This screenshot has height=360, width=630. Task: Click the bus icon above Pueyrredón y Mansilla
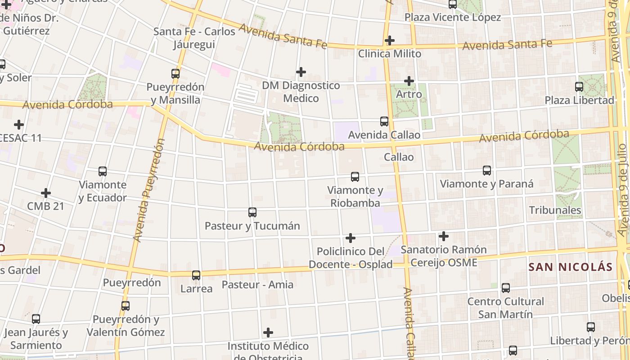[175, 73]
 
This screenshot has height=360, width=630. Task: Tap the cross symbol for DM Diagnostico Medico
[301, 72]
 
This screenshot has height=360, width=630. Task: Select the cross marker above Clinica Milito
[390, 40]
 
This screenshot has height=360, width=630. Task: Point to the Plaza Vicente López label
[452, 18]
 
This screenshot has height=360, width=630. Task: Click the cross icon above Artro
[409, 81]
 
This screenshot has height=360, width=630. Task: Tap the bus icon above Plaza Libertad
[579, 87]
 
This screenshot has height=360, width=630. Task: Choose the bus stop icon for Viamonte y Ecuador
[103, 171]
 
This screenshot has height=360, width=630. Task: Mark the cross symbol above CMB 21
[46, 193]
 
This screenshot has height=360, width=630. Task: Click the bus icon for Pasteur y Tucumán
[252, 212]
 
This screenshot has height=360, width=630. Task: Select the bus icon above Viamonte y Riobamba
[355, 177]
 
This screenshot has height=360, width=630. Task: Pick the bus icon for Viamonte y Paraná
[487, 171]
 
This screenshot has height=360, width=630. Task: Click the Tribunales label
[555, 210]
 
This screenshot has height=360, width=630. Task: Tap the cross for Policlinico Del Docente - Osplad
[351, 238]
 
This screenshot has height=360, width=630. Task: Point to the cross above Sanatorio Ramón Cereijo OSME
[444, 236]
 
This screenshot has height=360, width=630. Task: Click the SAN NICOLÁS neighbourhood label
[571, 267]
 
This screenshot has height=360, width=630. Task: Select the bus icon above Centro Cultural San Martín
[506, 288]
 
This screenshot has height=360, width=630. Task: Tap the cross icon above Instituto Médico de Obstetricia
[268, 333]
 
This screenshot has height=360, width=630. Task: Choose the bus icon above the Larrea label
[196, 275]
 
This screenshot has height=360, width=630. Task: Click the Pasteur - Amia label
[257, 285]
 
